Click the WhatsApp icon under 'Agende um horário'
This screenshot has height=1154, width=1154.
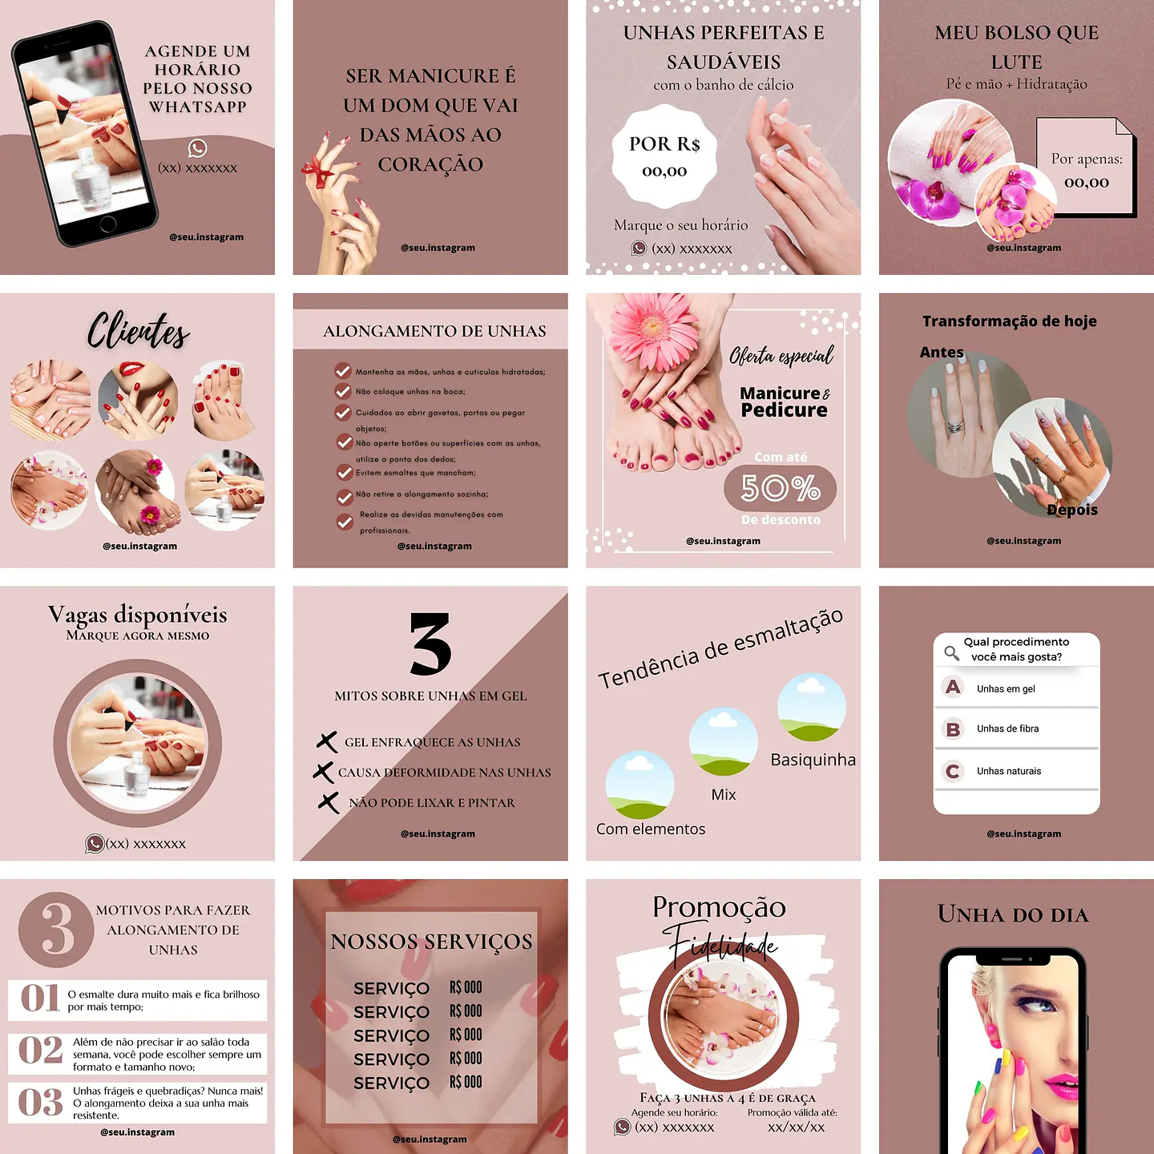(197, 148)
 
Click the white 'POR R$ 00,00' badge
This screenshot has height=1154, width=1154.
(664, 157)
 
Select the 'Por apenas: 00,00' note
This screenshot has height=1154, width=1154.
(1087, 169)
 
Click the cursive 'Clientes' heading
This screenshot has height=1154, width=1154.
(138, 330)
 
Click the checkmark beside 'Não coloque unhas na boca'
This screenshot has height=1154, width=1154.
(343, 392)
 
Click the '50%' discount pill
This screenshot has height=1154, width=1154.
(780, 488)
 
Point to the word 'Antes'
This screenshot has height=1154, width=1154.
(942, 352)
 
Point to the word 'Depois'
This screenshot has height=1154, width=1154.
(1072, 510)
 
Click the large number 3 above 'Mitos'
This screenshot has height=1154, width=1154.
(430, 644)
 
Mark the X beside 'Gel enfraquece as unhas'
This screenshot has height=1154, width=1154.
(326, 742)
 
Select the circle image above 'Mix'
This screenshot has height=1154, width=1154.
(723, 742)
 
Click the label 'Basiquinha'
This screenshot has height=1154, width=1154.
(813, 760)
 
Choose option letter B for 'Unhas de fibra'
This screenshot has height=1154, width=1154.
(953, 729)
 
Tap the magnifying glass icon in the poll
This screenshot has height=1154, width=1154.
(951, 652)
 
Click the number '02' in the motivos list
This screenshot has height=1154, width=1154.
(40, 1051)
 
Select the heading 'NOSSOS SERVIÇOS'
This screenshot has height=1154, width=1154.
(431, 942)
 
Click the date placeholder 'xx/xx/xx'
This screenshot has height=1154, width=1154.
(796, 1127)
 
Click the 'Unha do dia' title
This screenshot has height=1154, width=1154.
(1013, 915)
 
